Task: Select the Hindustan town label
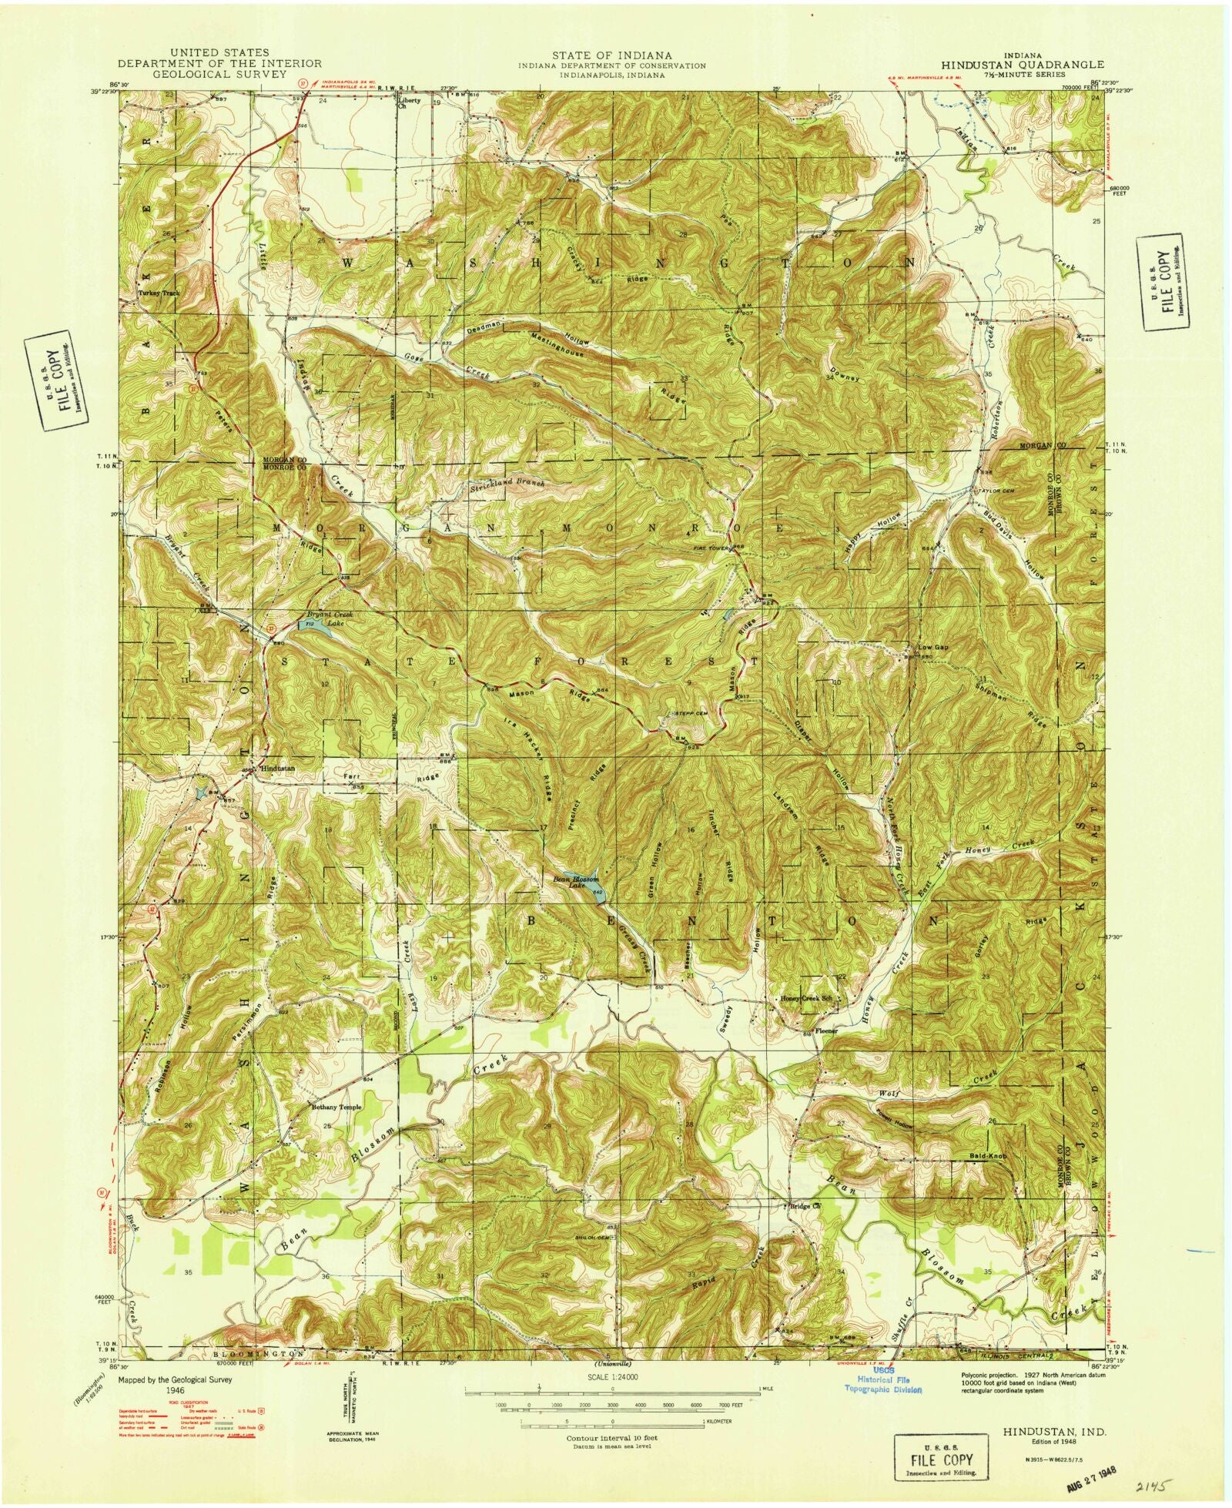point(278,769)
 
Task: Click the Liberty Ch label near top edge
point(409,103)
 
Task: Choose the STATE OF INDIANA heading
point(611,55)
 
